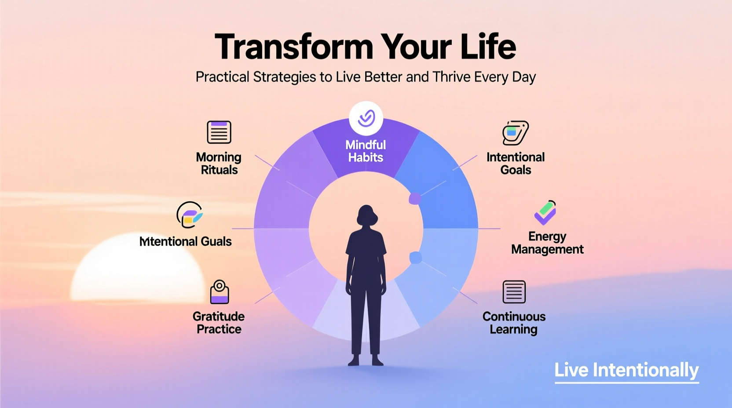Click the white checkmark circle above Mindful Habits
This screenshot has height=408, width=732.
pos(366,118)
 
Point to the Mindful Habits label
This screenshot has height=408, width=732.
pos(366,151)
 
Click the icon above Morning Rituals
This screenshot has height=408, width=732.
pos(219,132)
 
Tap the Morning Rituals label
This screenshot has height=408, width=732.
pos(219,164)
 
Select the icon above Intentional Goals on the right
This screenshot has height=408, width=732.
pos(515,132)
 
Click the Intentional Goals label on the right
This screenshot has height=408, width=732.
pos(516,164)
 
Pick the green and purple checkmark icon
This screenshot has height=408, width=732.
pos(545,213)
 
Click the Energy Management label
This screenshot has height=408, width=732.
pos(547,243)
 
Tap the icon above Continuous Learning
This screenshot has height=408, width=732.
pos(514,291)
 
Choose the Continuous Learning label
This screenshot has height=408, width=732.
pos(514,323)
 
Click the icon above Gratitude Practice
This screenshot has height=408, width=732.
pos(219,292)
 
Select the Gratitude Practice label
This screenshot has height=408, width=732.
pos(219,323)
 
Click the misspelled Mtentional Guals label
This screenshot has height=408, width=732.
pos(185,241)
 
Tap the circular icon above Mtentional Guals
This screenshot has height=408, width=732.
pos(189,215)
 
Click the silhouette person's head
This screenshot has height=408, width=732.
pos(366,215)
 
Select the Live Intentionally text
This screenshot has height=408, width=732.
pos(626,370)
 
